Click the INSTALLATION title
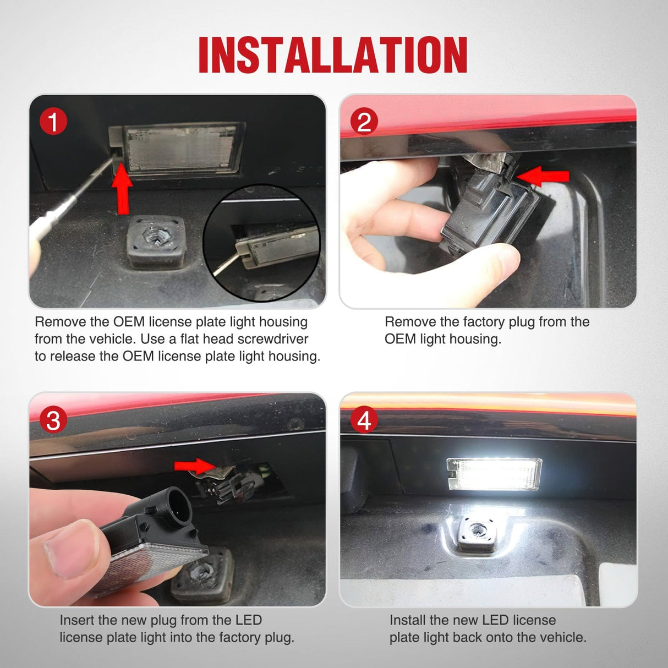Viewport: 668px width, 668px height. tap(333, 55)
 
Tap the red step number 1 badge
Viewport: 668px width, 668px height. tap(53, 122)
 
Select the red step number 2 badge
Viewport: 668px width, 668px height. tap(364, 122)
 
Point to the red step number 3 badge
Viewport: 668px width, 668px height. tap(53, 420)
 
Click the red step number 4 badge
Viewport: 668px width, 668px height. tap(364, 420)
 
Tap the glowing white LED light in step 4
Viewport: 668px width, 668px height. tap(494, 473)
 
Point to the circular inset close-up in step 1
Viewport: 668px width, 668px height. tap(261, 243)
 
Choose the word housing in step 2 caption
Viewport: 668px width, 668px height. tap(474, 339)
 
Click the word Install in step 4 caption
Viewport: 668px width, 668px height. tap(408, 620)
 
